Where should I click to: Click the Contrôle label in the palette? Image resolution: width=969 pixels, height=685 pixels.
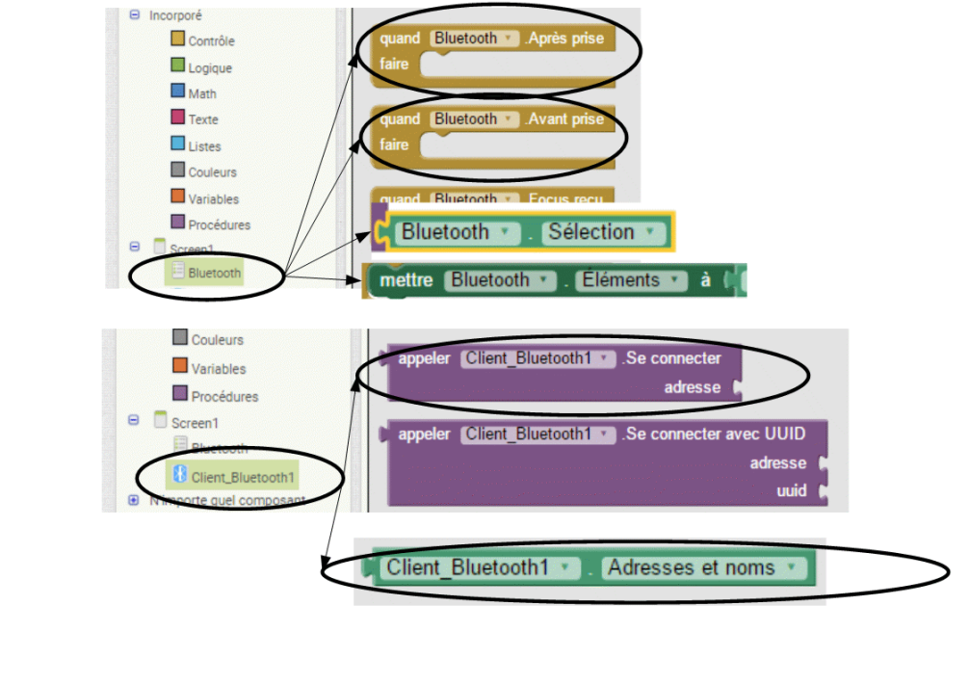[211, 41]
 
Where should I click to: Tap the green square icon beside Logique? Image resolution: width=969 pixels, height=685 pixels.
[177, 66]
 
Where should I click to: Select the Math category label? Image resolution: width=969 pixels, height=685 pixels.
[202, 93]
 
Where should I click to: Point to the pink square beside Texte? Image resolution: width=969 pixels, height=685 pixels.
[177, 118]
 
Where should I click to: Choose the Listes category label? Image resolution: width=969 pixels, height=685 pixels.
[204, 146]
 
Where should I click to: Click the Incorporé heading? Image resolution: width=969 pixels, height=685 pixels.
[175, 15]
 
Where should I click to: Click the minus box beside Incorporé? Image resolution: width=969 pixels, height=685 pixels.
[135, 14]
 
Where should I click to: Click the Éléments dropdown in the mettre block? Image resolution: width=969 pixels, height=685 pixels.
[633, 280]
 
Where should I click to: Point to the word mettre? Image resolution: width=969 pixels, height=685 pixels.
[406, 280]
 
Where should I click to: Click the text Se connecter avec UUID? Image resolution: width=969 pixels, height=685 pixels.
[714, 434]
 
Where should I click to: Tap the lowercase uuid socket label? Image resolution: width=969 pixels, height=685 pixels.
[791, 490]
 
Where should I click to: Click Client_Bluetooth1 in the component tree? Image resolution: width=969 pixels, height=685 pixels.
[243, 477]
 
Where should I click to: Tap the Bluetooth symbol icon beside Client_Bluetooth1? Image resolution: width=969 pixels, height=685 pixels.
[178, 474]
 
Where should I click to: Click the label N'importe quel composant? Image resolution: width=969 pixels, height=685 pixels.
[227, 501]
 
